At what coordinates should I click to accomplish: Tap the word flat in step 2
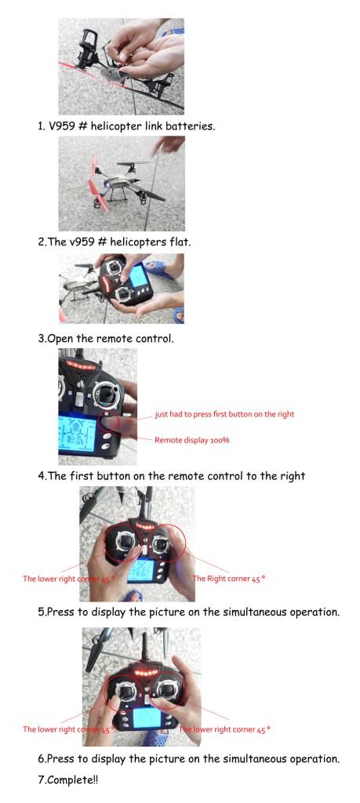180,242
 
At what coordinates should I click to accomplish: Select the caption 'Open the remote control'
110,339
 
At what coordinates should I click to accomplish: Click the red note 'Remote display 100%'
191,440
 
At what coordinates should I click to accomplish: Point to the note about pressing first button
224,414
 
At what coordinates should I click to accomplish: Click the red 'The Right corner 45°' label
228,579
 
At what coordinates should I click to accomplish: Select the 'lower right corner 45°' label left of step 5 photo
67,579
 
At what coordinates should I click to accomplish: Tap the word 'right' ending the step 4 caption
292,476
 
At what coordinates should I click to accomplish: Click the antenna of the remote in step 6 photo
144,648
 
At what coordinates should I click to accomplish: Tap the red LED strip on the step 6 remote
147,672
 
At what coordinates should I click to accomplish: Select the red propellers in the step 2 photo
96,182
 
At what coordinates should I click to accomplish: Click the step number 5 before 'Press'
41,612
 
